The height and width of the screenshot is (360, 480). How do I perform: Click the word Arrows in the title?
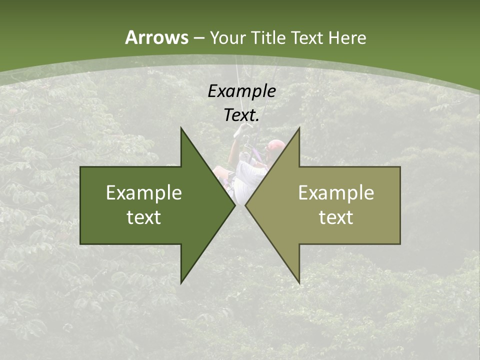click(x=156, y=37)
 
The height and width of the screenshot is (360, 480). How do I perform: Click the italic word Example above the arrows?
click(x=242, y=91)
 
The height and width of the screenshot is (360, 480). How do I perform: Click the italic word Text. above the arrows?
click(x=242, y=115)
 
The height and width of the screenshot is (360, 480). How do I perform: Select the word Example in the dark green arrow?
click(x=144, y=193)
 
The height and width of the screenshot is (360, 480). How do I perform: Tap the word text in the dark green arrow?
click(x=144, y=217)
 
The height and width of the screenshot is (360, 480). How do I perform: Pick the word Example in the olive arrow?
click(x=336, y=193)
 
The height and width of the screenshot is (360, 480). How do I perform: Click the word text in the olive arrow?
click(x=336, y=217)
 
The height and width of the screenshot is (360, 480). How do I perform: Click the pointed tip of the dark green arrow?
click(x=234, y=205)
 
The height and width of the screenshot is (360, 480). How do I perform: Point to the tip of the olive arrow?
click(x=246, y=205)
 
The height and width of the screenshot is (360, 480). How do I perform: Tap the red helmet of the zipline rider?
click(x=275, y=145)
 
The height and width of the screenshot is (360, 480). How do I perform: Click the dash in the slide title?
click(x=198, y=38)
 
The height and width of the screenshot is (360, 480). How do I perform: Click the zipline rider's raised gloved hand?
click(x=242, y=129)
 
